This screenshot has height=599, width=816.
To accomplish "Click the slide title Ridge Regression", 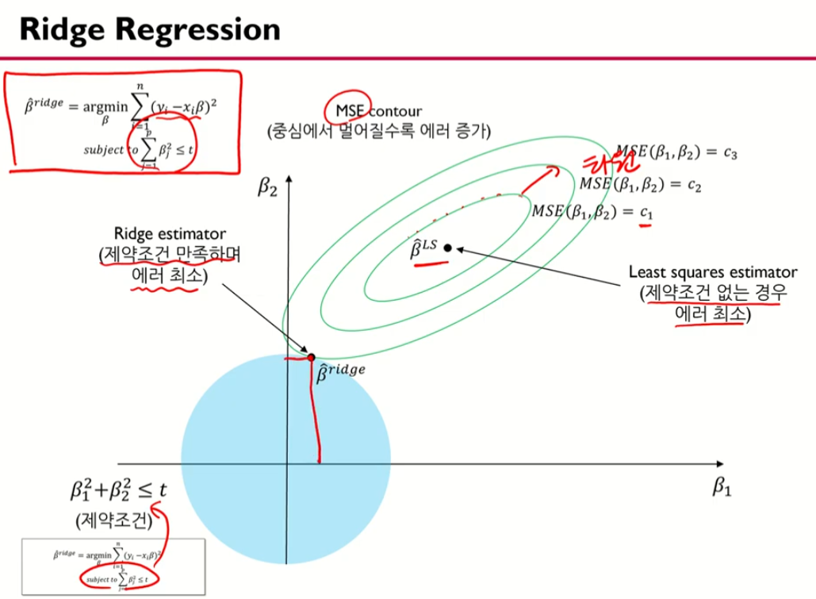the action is [149, 29].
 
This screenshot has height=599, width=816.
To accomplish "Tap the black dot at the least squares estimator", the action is [447, 248].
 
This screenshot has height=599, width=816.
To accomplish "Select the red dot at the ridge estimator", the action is [311, 358].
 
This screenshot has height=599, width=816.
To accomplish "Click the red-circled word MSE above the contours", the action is [341, 111].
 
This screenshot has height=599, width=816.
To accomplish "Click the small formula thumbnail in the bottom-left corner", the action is [112, 563].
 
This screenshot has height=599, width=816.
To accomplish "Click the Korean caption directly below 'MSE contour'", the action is [379, 131].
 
